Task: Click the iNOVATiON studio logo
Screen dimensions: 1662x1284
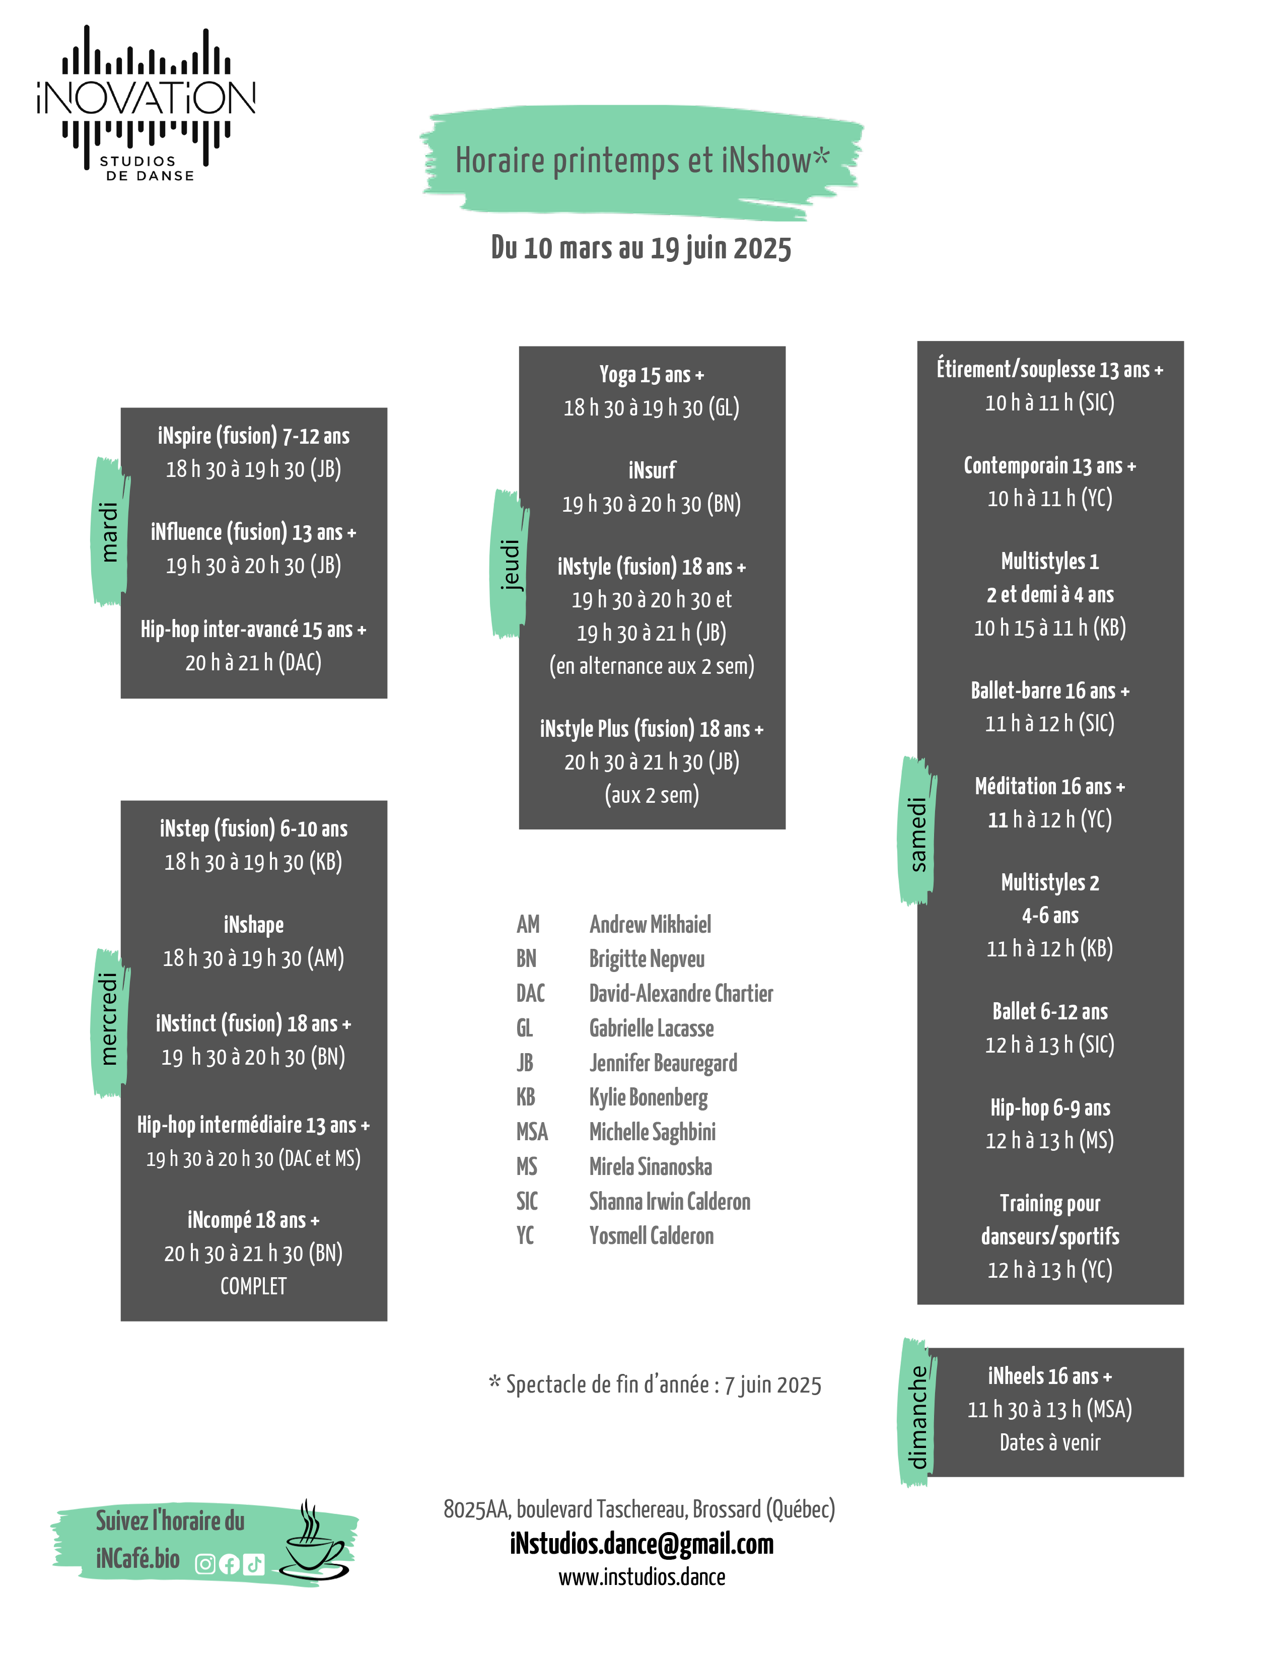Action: click(146, 103)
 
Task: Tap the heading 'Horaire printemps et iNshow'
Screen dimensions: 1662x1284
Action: click(641, 161)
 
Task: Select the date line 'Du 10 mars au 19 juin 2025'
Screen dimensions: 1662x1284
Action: click(641, 248)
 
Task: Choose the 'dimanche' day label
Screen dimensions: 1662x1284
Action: click(918, 1416)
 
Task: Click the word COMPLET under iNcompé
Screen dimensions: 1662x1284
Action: click(253, 1286)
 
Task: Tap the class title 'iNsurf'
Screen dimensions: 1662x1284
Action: click(652, 470)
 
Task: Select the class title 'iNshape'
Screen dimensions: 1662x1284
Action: click(253, 925)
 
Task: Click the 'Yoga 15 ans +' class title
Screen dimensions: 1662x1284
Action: click(652, 374)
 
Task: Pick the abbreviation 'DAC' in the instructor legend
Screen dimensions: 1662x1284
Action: click(530, 993)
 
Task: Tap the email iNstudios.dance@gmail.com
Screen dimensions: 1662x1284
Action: click(641, 1544)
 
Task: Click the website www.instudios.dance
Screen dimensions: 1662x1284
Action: click(641, 1577)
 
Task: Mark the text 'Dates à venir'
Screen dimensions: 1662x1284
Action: click(1050, 1442)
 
